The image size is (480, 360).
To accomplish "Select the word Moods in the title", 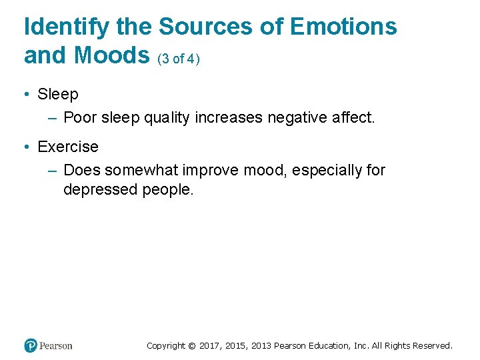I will pyautogui.click(x=113, y=56).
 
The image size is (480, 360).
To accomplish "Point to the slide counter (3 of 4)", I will pyautogui.click(x=179, y=59).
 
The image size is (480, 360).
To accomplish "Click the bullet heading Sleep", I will pyautogui.click(x=58, y=95).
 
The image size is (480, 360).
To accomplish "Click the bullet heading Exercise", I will pyautogui.click(x=68, y=147).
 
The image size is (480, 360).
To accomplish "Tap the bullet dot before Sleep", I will pyautogui.click(x=27, y=95).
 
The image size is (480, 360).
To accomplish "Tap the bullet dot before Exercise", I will pyautogui.click(x=27, y=147).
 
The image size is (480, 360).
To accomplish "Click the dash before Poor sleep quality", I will pyautogui.click(x=53, y=118).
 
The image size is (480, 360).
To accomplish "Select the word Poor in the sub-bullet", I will pyautogui.click(x=80, y=118).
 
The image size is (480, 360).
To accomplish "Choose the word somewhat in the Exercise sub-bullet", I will pyautogui.click(x=138, y=171).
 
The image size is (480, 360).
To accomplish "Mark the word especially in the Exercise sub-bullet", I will pyautogui.click(x=328, y=171).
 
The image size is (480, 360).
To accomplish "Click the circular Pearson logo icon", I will pyautogui.click(x=30, y=345).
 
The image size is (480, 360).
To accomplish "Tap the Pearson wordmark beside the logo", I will pyautogui.click(x=56, y=345).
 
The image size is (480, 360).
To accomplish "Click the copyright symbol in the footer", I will pyautogui.click(x=192, y=346).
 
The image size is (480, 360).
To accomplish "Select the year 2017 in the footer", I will pyautogui.click(x=209, y=346).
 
